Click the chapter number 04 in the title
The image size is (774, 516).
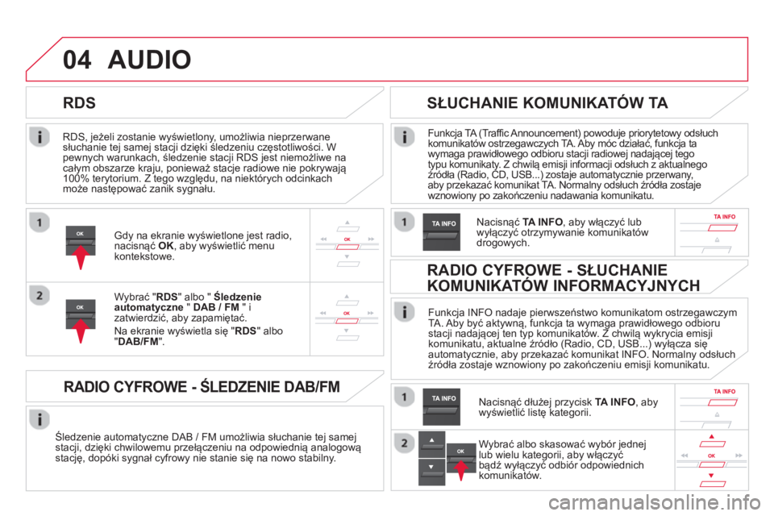[x=77, y=60]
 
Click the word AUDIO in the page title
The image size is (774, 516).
[x=150, y=60]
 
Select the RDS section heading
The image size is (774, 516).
[x=80, y=102]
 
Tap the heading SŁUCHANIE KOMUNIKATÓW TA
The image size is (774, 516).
[x=547, y=102]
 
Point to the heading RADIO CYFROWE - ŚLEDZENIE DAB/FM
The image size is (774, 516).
[x=202, y=386]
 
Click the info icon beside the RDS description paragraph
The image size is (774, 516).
[x=40, y=137]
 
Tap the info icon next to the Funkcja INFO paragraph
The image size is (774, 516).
[x=404, y=312]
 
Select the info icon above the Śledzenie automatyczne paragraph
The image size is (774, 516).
[x=40, y=419]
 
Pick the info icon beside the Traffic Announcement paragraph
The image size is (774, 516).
[x=404, y=137]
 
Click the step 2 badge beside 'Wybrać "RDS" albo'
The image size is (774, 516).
[x=40, y=296]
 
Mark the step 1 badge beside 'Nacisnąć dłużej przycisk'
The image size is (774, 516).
[x=404, y=397]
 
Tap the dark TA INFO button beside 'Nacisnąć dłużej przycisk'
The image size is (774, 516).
[x=441, y=407]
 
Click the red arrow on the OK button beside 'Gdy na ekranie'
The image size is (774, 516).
[x=81, y=256]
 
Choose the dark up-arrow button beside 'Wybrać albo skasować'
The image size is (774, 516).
[x=431, y=444]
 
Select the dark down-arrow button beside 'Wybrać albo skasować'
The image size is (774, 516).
[x=431, y=472]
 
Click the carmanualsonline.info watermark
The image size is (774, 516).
[x=655, y=502]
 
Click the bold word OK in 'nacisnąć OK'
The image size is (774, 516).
[x=166, y=246]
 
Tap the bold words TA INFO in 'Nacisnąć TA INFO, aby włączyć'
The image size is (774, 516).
[x=543, y=223]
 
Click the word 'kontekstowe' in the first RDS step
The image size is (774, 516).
[x=144, y=256]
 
